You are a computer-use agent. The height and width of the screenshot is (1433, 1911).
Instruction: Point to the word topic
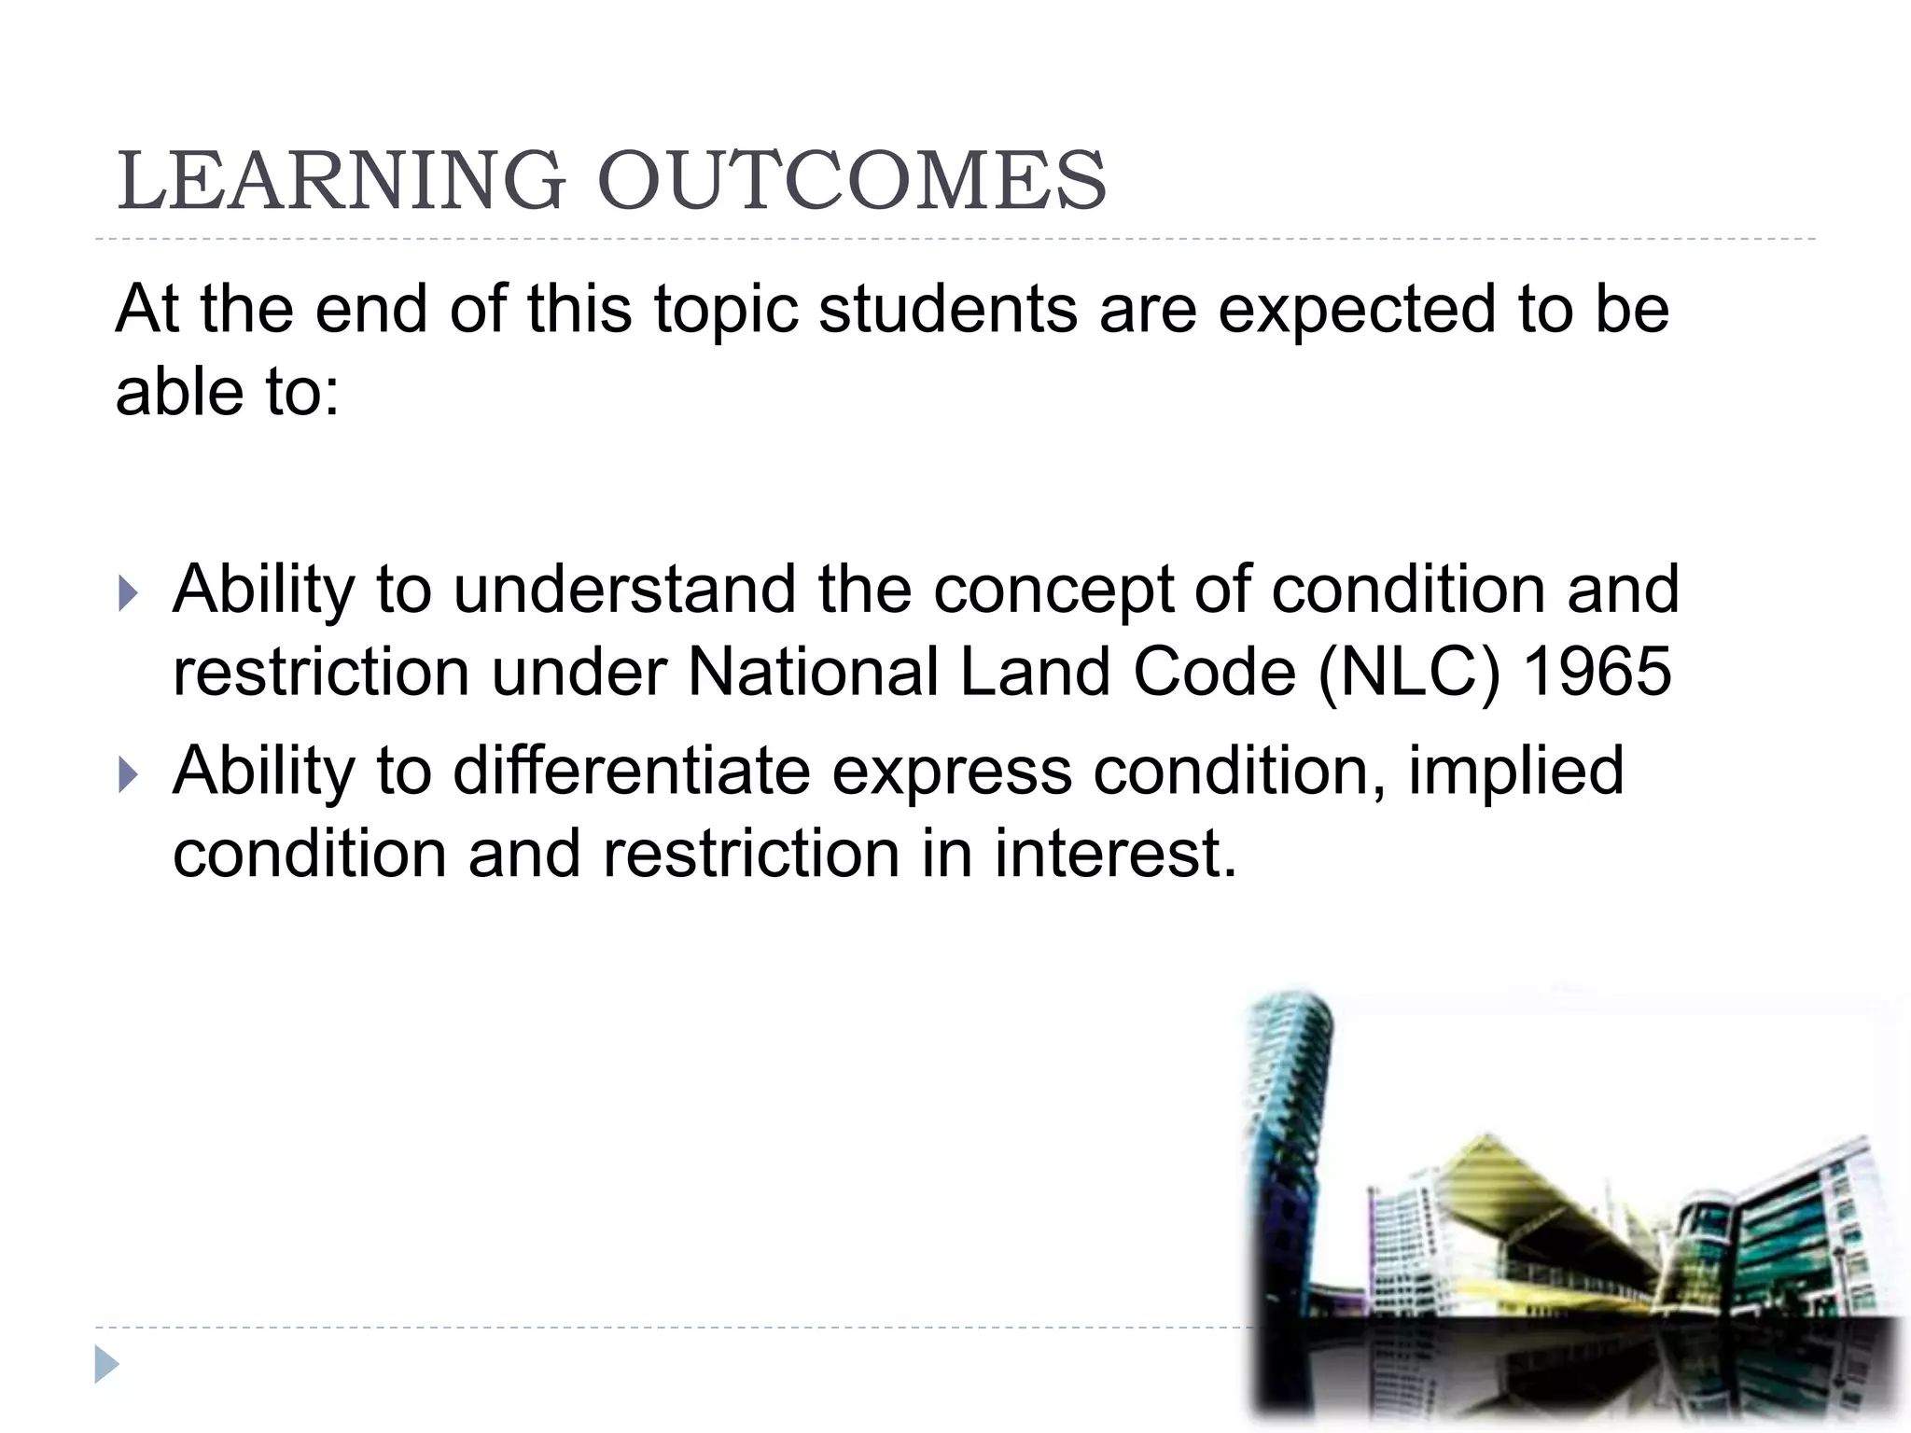[726, 311]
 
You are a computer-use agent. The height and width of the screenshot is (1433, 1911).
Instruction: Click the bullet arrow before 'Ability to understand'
[129, 593]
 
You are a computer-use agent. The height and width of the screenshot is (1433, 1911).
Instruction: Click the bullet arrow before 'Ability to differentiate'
[129, 774]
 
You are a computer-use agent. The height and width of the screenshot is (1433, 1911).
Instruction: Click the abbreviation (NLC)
[1408, 674]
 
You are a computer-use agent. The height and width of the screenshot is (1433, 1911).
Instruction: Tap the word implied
[1515, 772]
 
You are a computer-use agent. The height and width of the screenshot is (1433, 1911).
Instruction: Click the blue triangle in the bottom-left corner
[106, 1365]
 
